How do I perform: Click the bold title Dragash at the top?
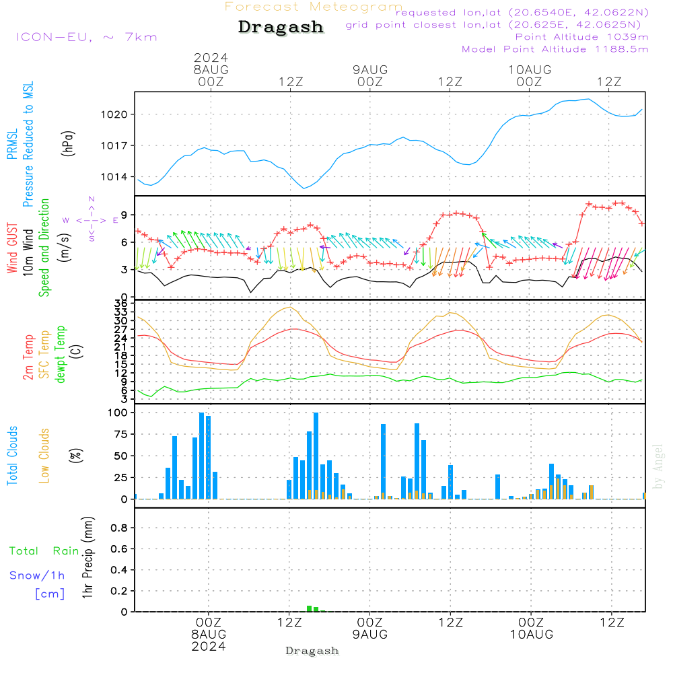point(281,28)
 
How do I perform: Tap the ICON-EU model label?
point(85,37)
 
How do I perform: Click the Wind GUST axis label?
point(12,248)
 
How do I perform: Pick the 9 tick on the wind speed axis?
point(125,215)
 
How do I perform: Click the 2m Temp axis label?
point(28,355)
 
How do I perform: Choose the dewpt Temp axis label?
point(61,355)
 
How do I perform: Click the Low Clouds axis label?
point(44,456)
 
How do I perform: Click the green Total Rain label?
point(44,551)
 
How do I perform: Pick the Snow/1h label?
point(38,575)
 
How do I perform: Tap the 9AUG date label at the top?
point(370,69)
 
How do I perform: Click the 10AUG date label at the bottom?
point(531,635)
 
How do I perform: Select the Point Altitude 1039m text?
point(581,36)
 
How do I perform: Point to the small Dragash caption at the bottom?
point(312,651)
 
